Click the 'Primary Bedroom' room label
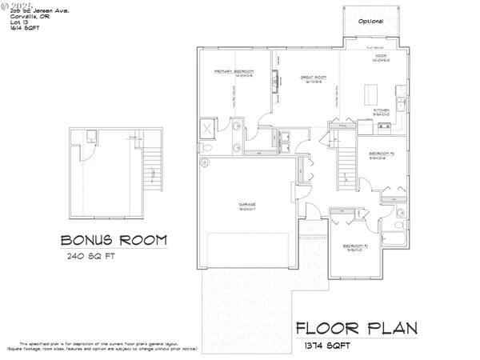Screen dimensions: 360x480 [x=234, y=72]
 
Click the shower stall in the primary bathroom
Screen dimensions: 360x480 [x=206, y=129]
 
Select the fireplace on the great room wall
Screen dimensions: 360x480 [x=275, y=82]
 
